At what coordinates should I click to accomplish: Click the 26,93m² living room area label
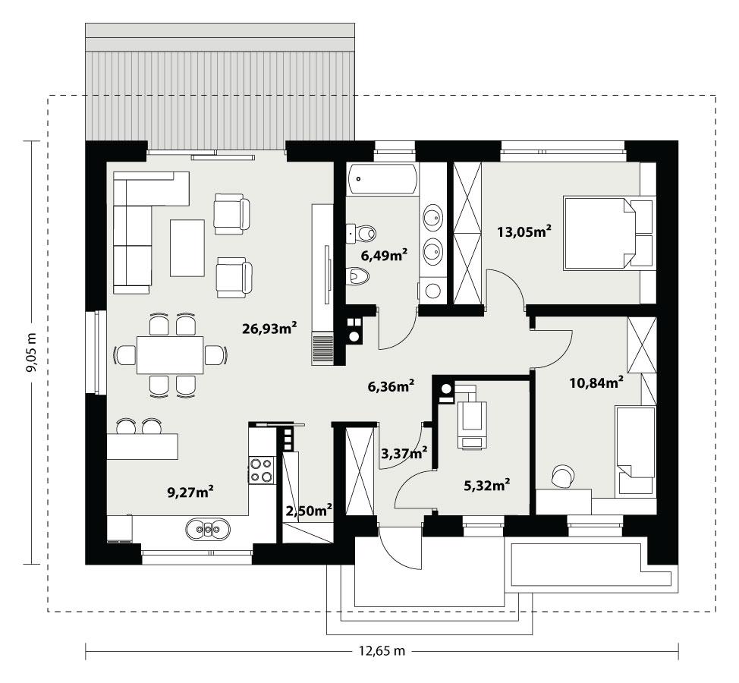pos(269,329)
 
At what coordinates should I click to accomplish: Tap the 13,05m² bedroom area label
pos(523,232)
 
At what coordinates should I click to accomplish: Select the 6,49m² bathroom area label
pos(385,255)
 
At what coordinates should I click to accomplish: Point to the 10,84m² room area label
pos(596,382)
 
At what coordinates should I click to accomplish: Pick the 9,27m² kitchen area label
pos(190,493)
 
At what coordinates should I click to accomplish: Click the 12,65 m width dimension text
pos(381,651)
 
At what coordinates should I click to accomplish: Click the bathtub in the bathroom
pos(382,179)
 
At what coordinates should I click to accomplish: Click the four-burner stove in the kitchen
pos(261,471)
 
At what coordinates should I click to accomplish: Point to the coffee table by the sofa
pos(187,247)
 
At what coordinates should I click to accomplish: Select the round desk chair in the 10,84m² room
pos(563,476)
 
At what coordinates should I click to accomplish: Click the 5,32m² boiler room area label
pos(486,483)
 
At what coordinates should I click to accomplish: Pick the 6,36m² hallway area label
pos(391,386)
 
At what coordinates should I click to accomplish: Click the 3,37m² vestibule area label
pos(404,453)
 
